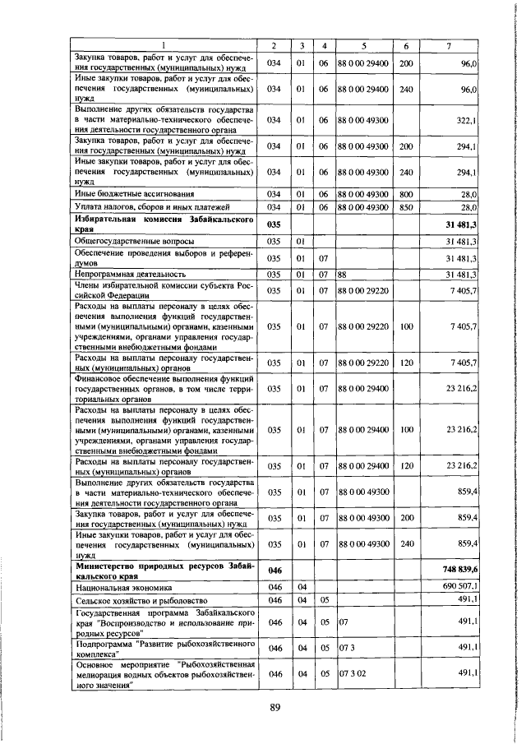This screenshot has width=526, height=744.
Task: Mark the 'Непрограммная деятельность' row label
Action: tap(123, 274)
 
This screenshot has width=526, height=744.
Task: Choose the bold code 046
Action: tap(275, 569)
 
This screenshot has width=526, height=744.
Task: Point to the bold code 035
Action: tap(275, 224)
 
